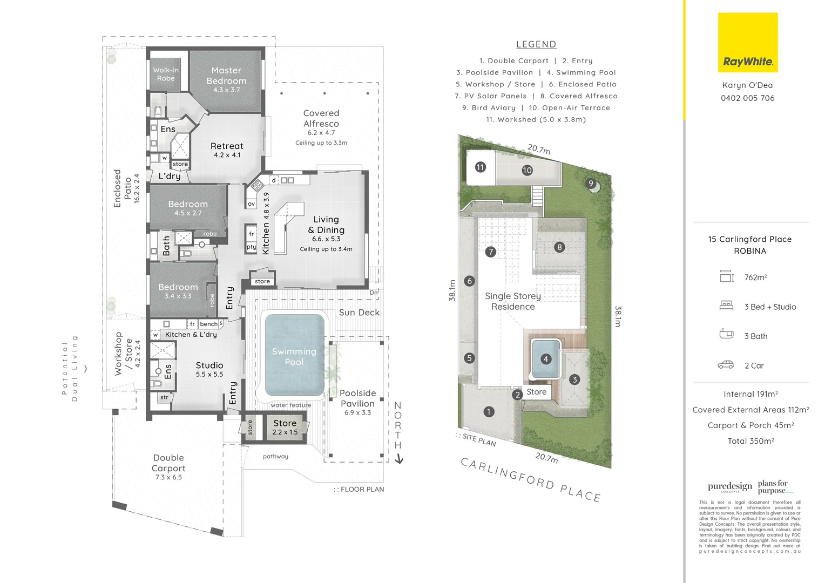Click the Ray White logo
point(748,43)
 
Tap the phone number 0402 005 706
point(747,98)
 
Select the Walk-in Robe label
point(166,74)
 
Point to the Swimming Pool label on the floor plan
point(294,357)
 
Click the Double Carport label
point(168,463)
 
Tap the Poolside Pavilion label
point(357,398)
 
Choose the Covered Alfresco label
point(321,118)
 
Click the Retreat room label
point(227,146)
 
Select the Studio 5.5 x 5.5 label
point(209,369)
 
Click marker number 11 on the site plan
point(480,167)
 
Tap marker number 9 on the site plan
point(591,184)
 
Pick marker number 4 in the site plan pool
point(546,359)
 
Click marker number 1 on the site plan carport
point(489,412)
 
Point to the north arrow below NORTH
point(399,459)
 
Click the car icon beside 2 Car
point(726,365)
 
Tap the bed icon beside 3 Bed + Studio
point(726,306)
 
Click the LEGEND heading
point(536,45)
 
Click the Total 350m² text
point(750,441)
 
